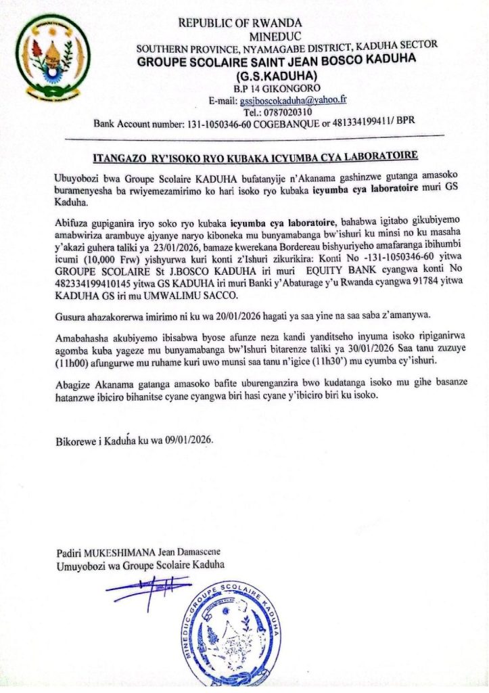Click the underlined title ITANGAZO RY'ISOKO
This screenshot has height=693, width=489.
coord(255,158)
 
